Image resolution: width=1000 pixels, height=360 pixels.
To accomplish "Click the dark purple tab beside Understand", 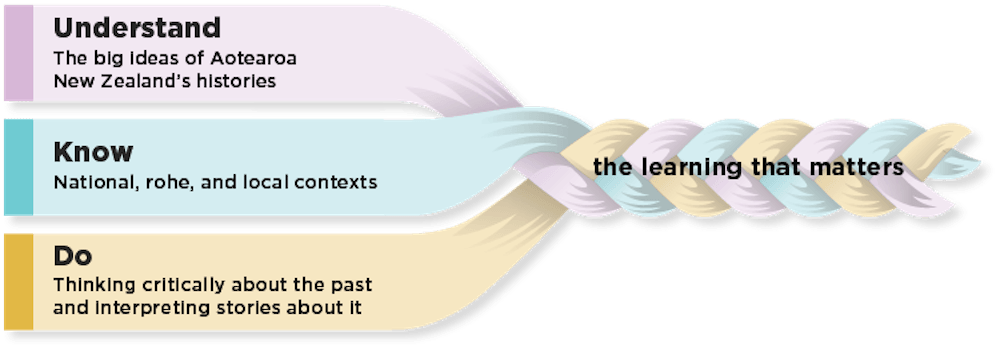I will point(17,52).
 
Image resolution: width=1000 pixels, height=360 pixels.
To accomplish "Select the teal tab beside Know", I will point(17,167).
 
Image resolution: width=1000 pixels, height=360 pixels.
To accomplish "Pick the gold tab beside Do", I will point(17,282).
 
